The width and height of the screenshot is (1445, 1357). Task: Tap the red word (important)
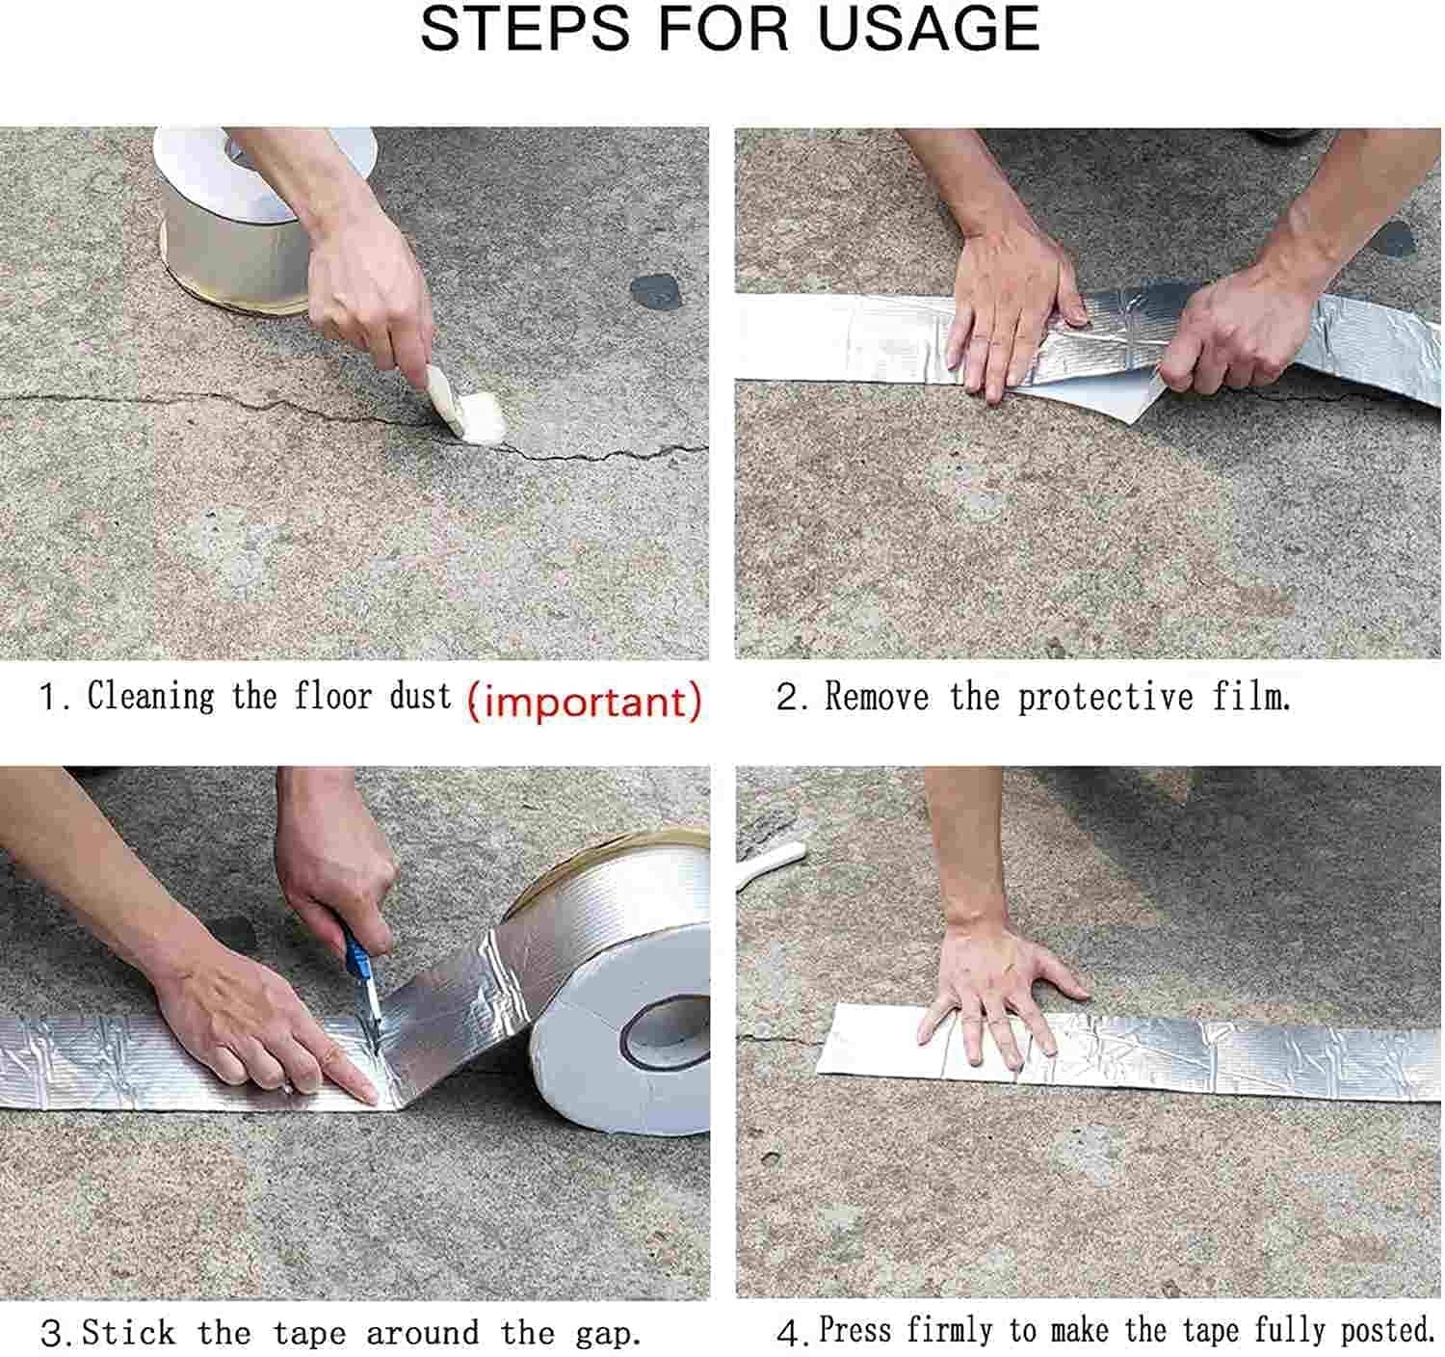point(584,701)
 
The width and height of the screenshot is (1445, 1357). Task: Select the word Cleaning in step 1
point(150,695)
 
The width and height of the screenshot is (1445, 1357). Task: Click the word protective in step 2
point(1106,698)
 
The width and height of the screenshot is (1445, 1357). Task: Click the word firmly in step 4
point(950,1329)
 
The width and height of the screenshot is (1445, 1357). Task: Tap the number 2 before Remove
point(788,697)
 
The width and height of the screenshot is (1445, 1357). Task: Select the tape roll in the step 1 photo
point(248,219)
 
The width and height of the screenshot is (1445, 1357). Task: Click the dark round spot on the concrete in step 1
point(655,290)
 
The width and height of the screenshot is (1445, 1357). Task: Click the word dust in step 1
point(421,696)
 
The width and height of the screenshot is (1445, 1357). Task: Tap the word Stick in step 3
point(128,1332)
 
